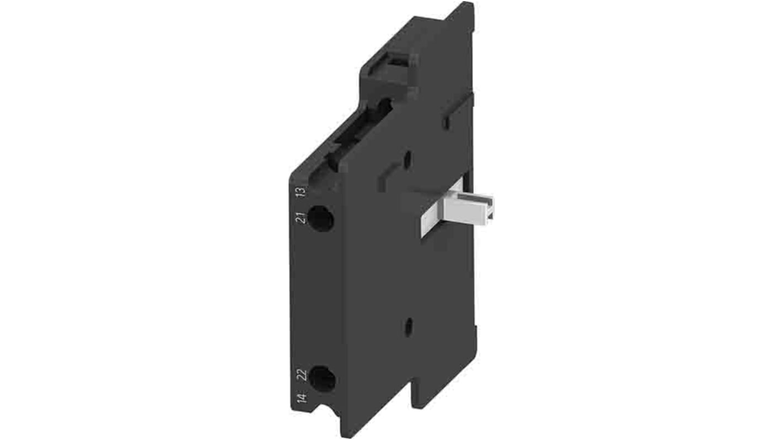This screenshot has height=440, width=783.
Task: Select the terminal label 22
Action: (x=301, y=375)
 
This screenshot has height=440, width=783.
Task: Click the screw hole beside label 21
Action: (x=320, y=218)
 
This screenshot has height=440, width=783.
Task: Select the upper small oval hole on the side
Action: (x=407, y=159)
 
